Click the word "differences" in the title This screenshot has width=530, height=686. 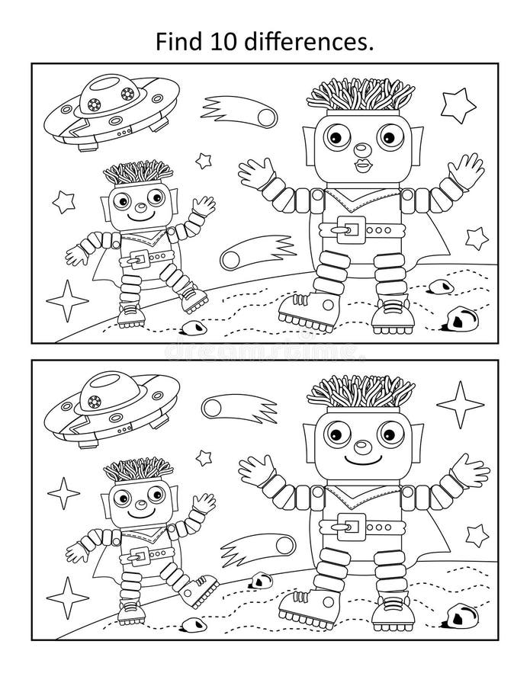point(313,43)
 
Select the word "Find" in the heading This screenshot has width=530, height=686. point(185,43)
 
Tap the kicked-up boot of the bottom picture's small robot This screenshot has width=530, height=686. point(201,586)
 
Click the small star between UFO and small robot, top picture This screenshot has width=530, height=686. point(203,160)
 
